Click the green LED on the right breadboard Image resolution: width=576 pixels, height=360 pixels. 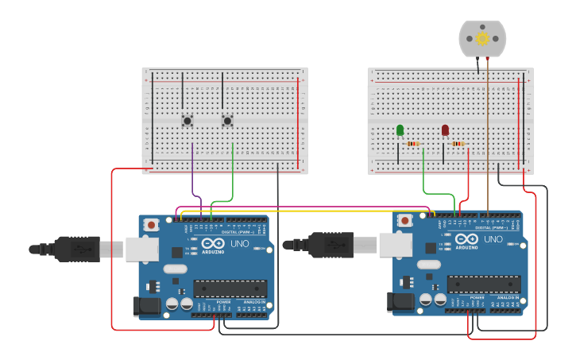[x=400, y=130]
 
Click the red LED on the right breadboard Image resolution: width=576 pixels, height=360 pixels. [x=445, y=130]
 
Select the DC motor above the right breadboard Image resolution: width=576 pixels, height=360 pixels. [x=482, y=39]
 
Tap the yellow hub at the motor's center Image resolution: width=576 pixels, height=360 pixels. [x=482, y=38]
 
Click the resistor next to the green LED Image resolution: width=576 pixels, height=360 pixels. [x=413, y=144]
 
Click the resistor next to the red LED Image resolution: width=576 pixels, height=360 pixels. [x=458, y=144]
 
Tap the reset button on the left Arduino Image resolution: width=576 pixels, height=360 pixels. [x=151, y=226]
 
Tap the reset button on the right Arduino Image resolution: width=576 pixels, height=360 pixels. [x=405, y=220]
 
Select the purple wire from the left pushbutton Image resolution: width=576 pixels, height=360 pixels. [x=193, y=171]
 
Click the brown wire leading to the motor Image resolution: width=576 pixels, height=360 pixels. [x=488, y=143]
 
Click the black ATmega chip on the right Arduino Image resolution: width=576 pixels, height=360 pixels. [x=483, y=284]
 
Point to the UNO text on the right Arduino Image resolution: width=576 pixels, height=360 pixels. [x=493, y=238]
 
